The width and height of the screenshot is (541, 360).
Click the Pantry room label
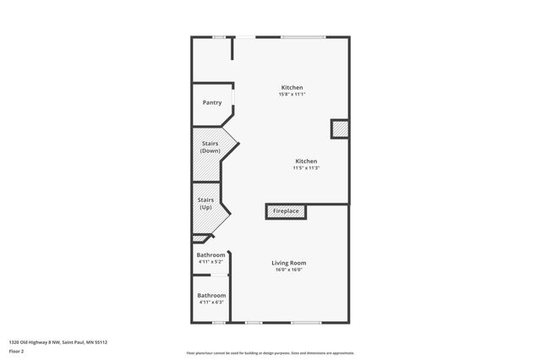tap(212, 103)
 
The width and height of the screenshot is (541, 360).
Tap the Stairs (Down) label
tap(211, 147)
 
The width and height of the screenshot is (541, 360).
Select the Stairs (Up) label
tap(205, 204)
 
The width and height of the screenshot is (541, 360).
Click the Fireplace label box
tap(286, 210)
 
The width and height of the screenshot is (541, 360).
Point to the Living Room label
tap(288, 263)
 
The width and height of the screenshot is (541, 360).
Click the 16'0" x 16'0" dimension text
tap(288, 270)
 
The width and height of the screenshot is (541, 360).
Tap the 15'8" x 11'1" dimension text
tap(292, 94)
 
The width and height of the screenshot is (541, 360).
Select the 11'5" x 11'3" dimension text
tap(306, 167)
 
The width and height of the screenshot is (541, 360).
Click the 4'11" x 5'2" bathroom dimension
tap(210, 262)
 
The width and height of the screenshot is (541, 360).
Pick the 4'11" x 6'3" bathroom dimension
tap(211, 302)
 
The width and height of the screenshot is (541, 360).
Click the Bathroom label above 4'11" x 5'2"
tap(211, 255)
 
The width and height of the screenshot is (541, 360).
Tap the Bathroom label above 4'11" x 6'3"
tap(211, 295)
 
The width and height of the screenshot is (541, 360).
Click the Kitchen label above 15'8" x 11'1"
tap(292, 87)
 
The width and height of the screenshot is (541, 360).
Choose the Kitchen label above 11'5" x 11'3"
tap(306, 161)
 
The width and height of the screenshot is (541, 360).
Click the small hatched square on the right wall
tap(339, 128)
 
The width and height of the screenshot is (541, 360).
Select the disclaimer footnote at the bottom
tap(270, 353)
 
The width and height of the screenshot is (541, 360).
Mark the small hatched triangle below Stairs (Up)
tap(198, 239)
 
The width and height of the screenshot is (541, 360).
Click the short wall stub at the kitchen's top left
tap(232, 48)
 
